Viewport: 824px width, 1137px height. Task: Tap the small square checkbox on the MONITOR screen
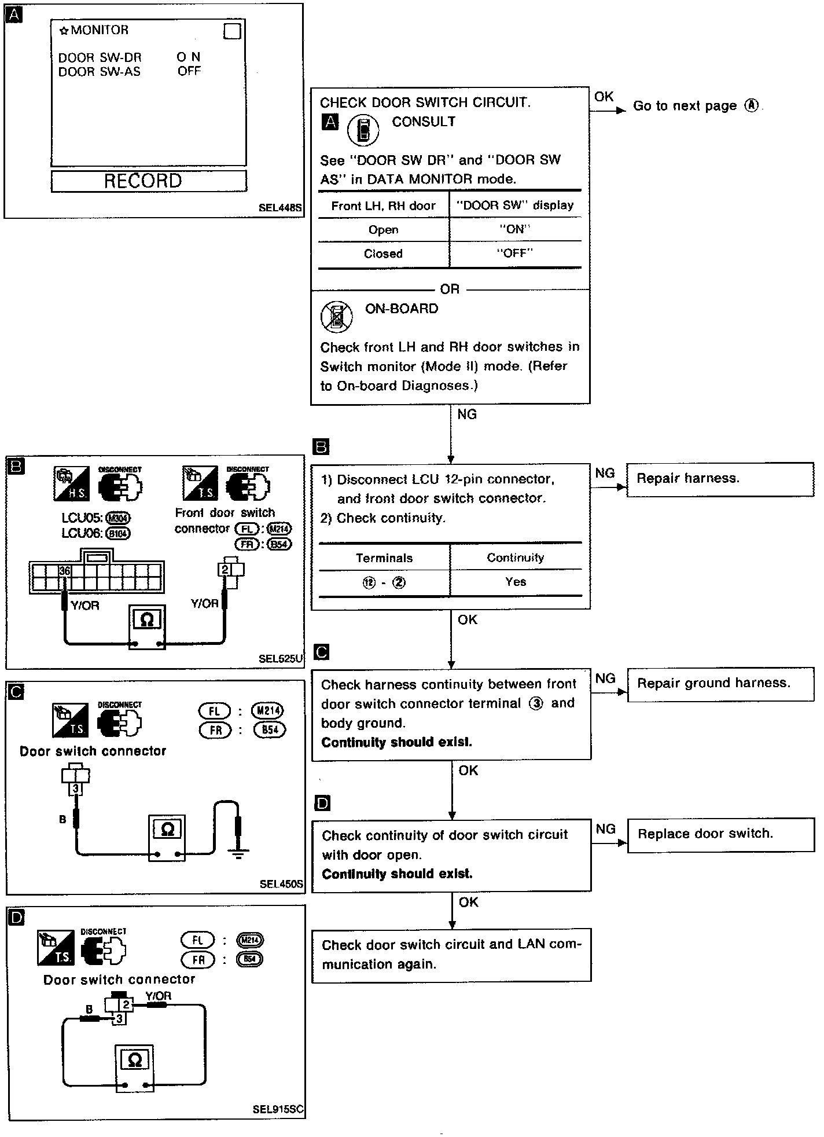tap(231, 31)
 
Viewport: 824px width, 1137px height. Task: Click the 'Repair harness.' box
tap(720, 479)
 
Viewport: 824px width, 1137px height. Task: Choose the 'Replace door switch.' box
tap(720, 835)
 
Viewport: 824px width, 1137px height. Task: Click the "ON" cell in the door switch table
tap(515, 229)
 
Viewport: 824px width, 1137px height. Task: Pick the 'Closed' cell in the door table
tap(383, 254)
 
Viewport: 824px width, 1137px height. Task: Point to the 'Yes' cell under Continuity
tap(515, 582)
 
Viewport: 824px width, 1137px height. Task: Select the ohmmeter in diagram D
tap(134, 1068)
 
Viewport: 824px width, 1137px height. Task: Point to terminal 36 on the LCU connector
tap(65, 571)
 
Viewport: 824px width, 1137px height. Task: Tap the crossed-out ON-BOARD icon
tap(336, 316)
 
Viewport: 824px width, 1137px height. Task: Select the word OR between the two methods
tap(450, 289)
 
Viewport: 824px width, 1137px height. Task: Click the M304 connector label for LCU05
tap(118, 519)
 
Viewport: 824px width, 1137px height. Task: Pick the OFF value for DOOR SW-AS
tap(189, 71)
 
